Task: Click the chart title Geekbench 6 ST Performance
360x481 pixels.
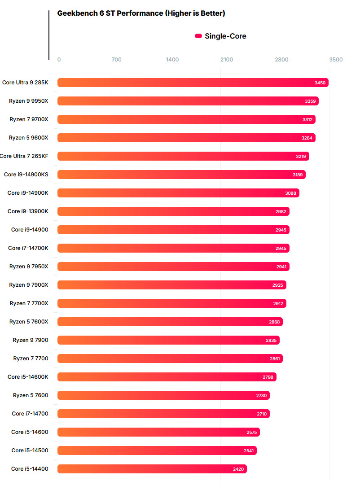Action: tap(141, 13)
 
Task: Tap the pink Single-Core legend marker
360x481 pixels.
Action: tap(198, 36)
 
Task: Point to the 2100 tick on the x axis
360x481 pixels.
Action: tap(227, 60)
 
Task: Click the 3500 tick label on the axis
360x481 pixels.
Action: tap(336, 60)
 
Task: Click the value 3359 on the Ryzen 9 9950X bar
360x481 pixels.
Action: tap(310, 101)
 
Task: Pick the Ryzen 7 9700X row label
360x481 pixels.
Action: tap(29, 119)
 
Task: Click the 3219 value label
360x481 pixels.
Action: tap(301, 156)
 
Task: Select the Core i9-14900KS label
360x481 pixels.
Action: tap(26, 175)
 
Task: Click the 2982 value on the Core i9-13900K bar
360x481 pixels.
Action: tap(281, 211)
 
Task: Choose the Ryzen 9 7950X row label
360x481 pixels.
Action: tap(29, 267)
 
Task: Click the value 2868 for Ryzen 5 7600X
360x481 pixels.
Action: tap(275, 322)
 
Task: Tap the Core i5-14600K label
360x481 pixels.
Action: tap(28, 377)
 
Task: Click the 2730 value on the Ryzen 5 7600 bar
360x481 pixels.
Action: tap(262, 395)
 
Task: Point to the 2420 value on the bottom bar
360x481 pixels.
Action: tap(238, 469)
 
